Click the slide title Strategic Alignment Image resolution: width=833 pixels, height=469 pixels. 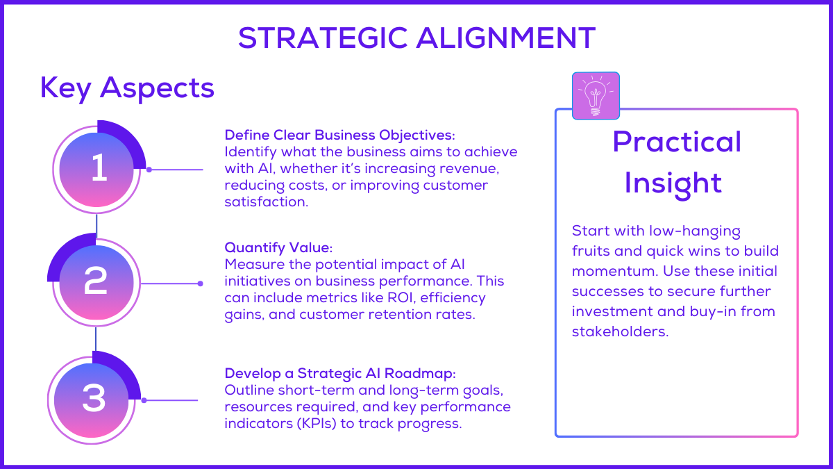pos(416,38)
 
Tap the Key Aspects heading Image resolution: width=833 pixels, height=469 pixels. pos(127,88)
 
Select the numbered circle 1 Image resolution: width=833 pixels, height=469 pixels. pos(99,169)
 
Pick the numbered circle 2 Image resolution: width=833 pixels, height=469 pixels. pos(95,281)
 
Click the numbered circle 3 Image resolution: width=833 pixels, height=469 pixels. pos(94,398)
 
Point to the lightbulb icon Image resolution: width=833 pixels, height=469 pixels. pos(596,96)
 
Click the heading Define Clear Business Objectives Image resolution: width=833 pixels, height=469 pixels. pos(339,134)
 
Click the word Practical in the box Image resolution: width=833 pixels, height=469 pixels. pos(677,142)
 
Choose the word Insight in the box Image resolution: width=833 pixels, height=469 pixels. pos(673,183)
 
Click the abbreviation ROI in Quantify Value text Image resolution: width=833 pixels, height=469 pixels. pos(419,298)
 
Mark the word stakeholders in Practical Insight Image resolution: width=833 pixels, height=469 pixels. pos(620,331)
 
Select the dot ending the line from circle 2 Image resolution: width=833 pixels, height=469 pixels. pos(200,283)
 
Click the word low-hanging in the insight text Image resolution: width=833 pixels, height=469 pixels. pos(684,231)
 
